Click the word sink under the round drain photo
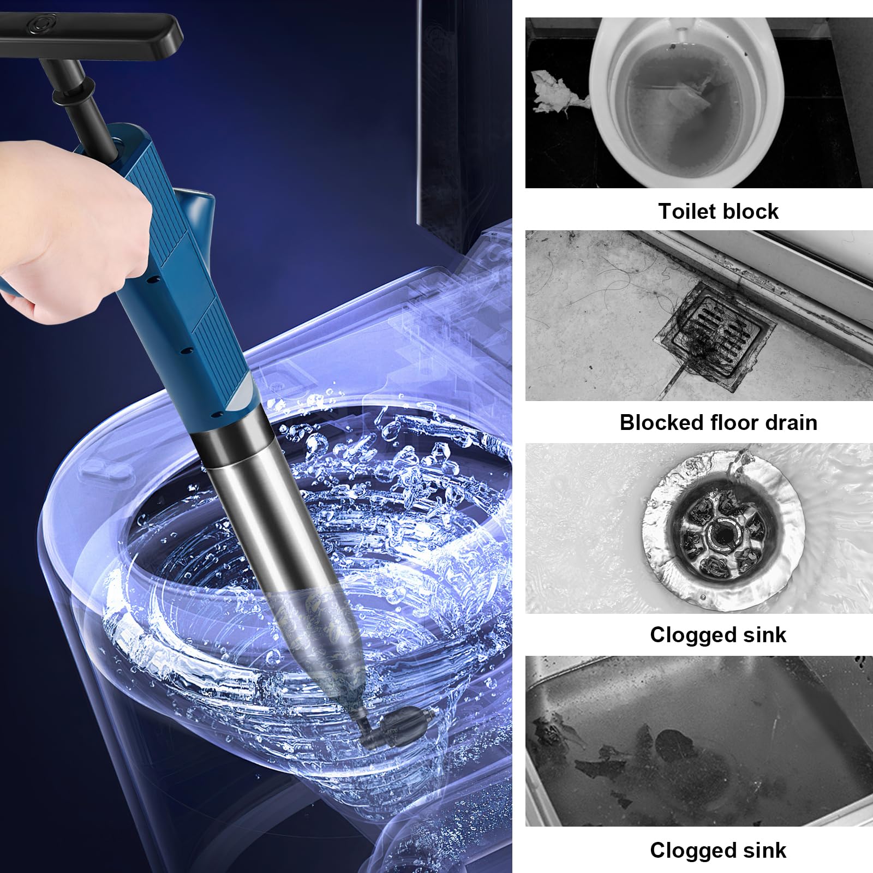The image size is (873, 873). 763,635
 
